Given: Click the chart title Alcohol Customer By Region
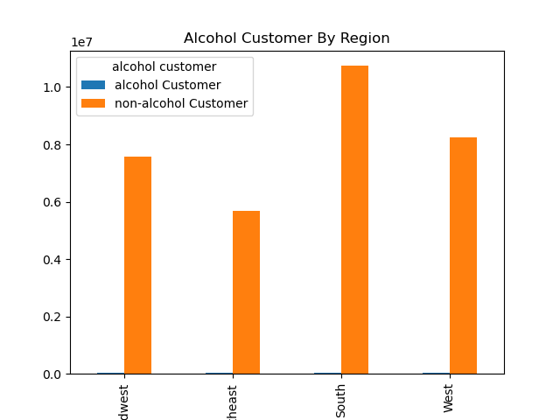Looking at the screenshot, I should pyautogui.click(x=286, y=38).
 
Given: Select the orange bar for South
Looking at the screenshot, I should pyautogui.click(x=354, y=220).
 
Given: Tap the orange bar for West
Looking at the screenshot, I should pyautogui.click(x=463, y=255).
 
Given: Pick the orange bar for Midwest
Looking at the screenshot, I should pyautogui.click(x=137, y=265).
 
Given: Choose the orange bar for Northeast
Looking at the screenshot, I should pyautogui.click(x=246, y=292).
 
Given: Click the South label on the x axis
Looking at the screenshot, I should pyautogui.click(x=340, y=400).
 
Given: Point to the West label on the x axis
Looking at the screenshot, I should pyautogui.click(x=449, y=398).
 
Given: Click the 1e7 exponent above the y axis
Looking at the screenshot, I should pyautogui.click(x=80, y=42).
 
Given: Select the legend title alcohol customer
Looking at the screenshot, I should pyautogui.click(x=164, y=66).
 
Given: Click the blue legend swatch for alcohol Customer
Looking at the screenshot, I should pyautogui.click(x=93, y=85).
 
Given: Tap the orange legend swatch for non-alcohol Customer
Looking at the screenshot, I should pyautogui.click(x=93, y=103).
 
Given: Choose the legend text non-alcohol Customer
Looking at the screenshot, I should pyautogui.click(x=181, y=103).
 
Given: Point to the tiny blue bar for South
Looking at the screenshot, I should pyautogui.click(x=327, y=374).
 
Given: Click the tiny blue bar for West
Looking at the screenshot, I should pyautogui.click(x=436, y=374).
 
